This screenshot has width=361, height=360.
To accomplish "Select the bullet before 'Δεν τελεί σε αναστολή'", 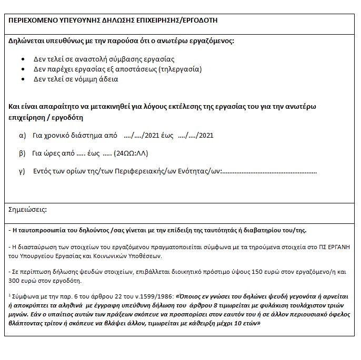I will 23,59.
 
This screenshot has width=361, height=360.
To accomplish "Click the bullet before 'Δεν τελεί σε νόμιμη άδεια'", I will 23,79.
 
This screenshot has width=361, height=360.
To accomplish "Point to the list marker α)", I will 23,136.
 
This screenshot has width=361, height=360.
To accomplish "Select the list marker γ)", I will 22,171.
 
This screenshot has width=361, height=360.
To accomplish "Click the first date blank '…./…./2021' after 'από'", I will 141,136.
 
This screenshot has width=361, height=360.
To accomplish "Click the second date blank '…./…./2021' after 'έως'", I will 196,136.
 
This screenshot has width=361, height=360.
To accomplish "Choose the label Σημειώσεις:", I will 28,210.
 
